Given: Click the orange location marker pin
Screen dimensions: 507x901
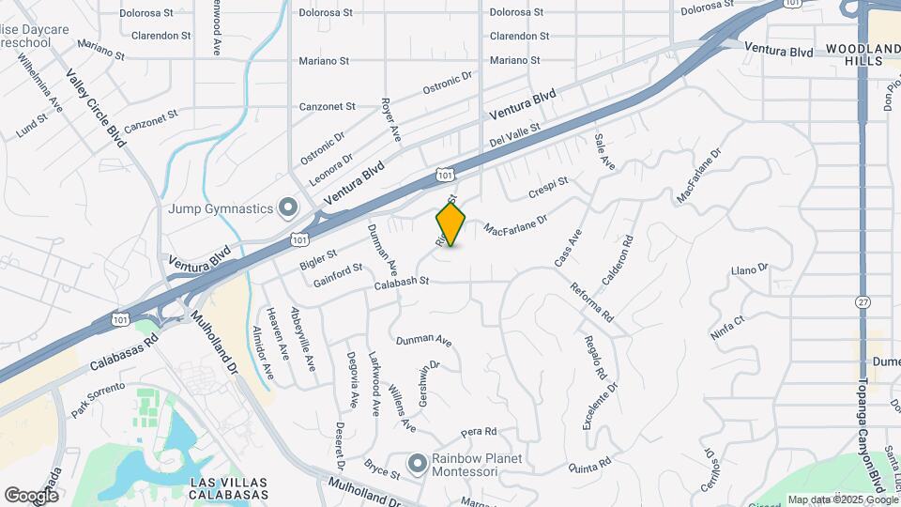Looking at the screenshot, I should [x=450, y=224].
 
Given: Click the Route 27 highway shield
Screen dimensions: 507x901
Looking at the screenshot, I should [x=863, y=302].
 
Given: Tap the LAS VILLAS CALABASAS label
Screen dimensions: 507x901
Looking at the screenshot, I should [x=229, y=487].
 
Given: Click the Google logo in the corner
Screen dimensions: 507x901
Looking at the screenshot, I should [x=31, y=495].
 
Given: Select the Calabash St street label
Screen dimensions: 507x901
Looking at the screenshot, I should [x=401, y=281].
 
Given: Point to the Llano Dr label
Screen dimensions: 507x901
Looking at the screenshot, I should [x=750, y=269].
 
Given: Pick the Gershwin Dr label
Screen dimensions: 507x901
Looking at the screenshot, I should [x=429, y=377].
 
